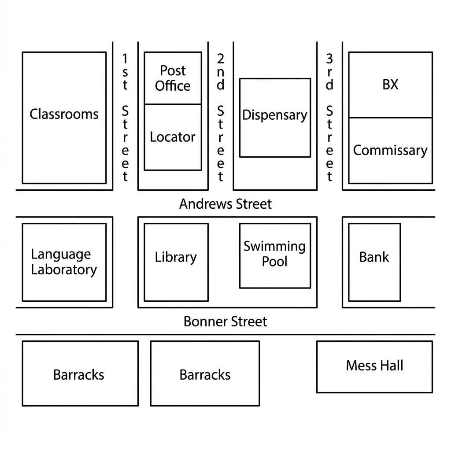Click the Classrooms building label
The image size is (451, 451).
pyautogui.click(x=64, y=114)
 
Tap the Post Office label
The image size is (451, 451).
pyautogui.click(x=173, y=78)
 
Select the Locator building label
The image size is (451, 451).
pyautogui.click(x=173, y=137)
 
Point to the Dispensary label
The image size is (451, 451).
pyautogui.click(x=275, y=115)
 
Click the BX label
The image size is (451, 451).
pyautogui.click(x=390, y=85)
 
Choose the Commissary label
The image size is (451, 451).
pyautogui.click(x=390, y=151)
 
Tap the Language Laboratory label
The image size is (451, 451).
pyautogui.click(x=64, y=262)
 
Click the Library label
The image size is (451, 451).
pyautogui.click(x=176, y=257)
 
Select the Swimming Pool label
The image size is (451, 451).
pyautogui.click(x=275, y=254)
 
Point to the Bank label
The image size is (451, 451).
pyautogui.click(x=374, y=257)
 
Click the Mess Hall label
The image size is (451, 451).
pyautogui.click(x=374, y=366)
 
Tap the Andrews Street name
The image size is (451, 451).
pyautogui.click(x=225, y=204)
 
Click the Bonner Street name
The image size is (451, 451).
pyautogui.click(x=225, y=322)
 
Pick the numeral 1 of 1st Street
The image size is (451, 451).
pyautogui.click(x=125, y=59)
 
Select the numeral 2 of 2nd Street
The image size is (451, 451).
pyautogui.click(x=220, y=59)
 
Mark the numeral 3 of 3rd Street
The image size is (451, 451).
pyautogui.click(x=329, y=59)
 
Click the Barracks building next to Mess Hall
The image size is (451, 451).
pyautogui.click(x=205, y=373)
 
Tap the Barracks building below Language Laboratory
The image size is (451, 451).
pyautogui.click(x=80, y=373)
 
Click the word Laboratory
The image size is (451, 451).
pyautogui.click(x=64, y=270)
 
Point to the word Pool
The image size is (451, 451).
pyautogui.click(x=274, y=262)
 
